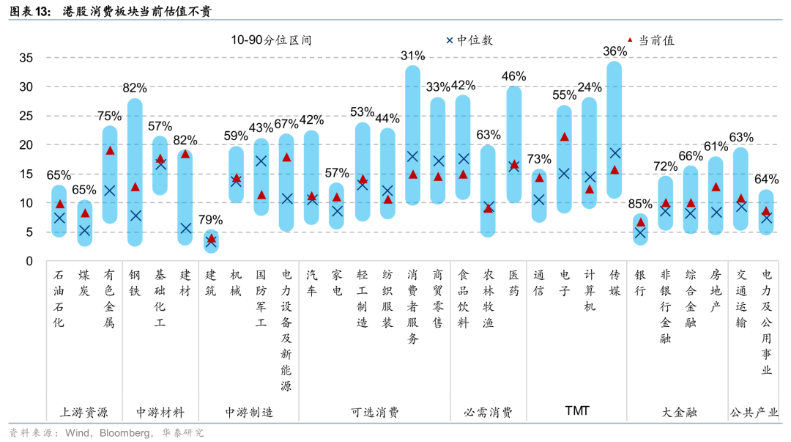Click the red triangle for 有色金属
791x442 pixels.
tap(110, 151)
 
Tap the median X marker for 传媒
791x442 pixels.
tap(615, 153)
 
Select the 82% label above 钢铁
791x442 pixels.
tap(135, 88)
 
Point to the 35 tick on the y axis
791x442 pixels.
tap(26, 58)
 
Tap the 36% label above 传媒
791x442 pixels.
tap(614, 51)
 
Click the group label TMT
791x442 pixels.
tap(577, 410)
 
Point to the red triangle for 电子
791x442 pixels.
tap(564, 136)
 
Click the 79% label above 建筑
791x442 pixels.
tap(211, 219)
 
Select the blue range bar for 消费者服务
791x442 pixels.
tap(413, 136)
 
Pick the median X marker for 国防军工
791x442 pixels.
tap(261, 161)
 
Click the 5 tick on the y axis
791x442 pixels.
tap(29, 232)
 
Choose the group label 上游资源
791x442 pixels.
tap(83, 412)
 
